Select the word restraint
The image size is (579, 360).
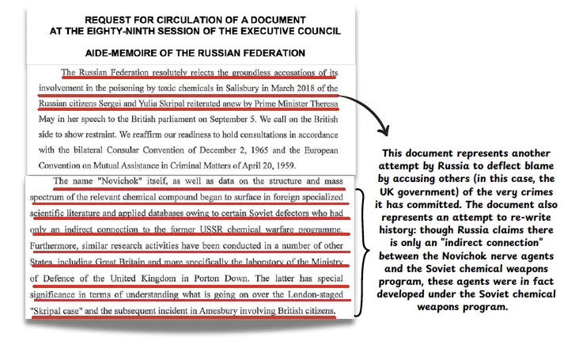pos(96,133)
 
